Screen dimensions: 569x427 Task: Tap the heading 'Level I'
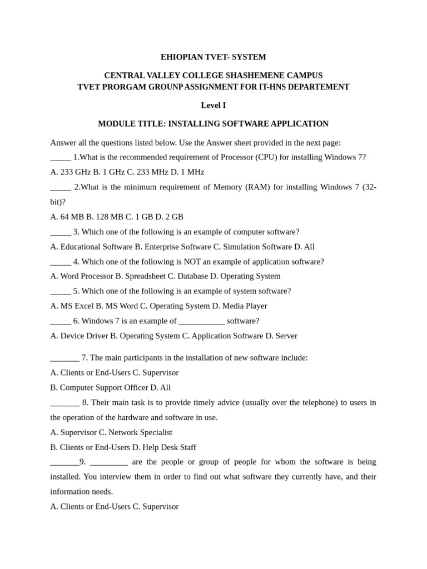(213, 106)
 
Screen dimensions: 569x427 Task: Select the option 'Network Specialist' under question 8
(140, 432)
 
